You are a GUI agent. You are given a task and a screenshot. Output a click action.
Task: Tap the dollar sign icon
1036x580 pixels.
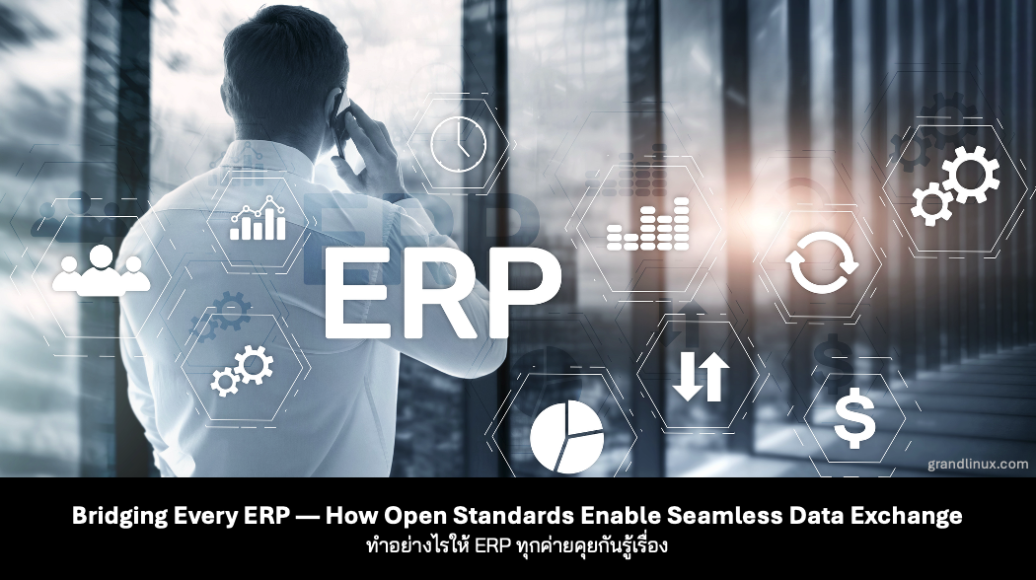[854, 420]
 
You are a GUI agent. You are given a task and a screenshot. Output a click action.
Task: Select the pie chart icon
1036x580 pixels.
[565, 438]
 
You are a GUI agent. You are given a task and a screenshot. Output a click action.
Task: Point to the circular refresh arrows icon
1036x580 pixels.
[822, 263]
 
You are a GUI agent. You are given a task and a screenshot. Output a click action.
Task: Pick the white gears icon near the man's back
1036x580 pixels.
[243, 371]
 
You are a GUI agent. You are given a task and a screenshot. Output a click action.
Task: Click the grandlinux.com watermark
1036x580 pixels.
[977, 463]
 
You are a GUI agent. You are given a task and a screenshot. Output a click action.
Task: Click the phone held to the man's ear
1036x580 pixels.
[339, 123]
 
